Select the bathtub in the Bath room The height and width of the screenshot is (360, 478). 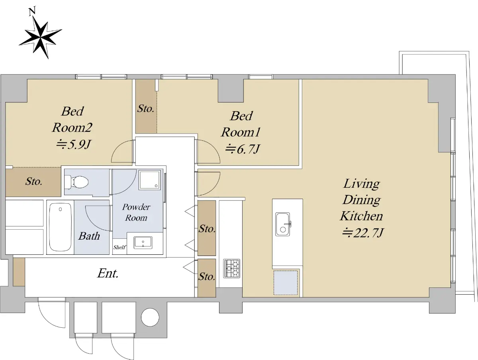pos(60,227)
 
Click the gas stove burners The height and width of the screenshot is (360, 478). pos(232,268)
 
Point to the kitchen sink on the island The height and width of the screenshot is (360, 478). pos(283,224)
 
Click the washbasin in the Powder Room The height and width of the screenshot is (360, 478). pos(143,242)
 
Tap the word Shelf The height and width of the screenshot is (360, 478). pos(119,247)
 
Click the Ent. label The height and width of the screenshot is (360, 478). pos(108,273)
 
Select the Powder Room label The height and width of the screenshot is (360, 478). pos(136,212)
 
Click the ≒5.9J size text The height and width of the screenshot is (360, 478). pos(73,144)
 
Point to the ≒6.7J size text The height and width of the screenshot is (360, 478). pos(242,149)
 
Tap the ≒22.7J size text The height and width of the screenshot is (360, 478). pos(363,233)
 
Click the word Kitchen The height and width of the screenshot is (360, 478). pos(362,216)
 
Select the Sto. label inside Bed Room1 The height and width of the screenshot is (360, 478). pos(146,108)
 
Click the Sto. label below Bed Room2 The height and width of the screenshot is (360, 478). pos(33,181)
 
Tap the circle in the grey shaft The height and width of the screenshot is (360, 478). pos(150,317)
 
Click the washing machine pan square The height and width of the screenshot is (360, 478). pos(150,180)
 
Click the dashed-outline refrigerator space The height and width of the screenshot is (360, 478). pos(286,283)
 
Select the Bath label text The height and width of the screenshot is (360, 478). pos(89,236)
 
